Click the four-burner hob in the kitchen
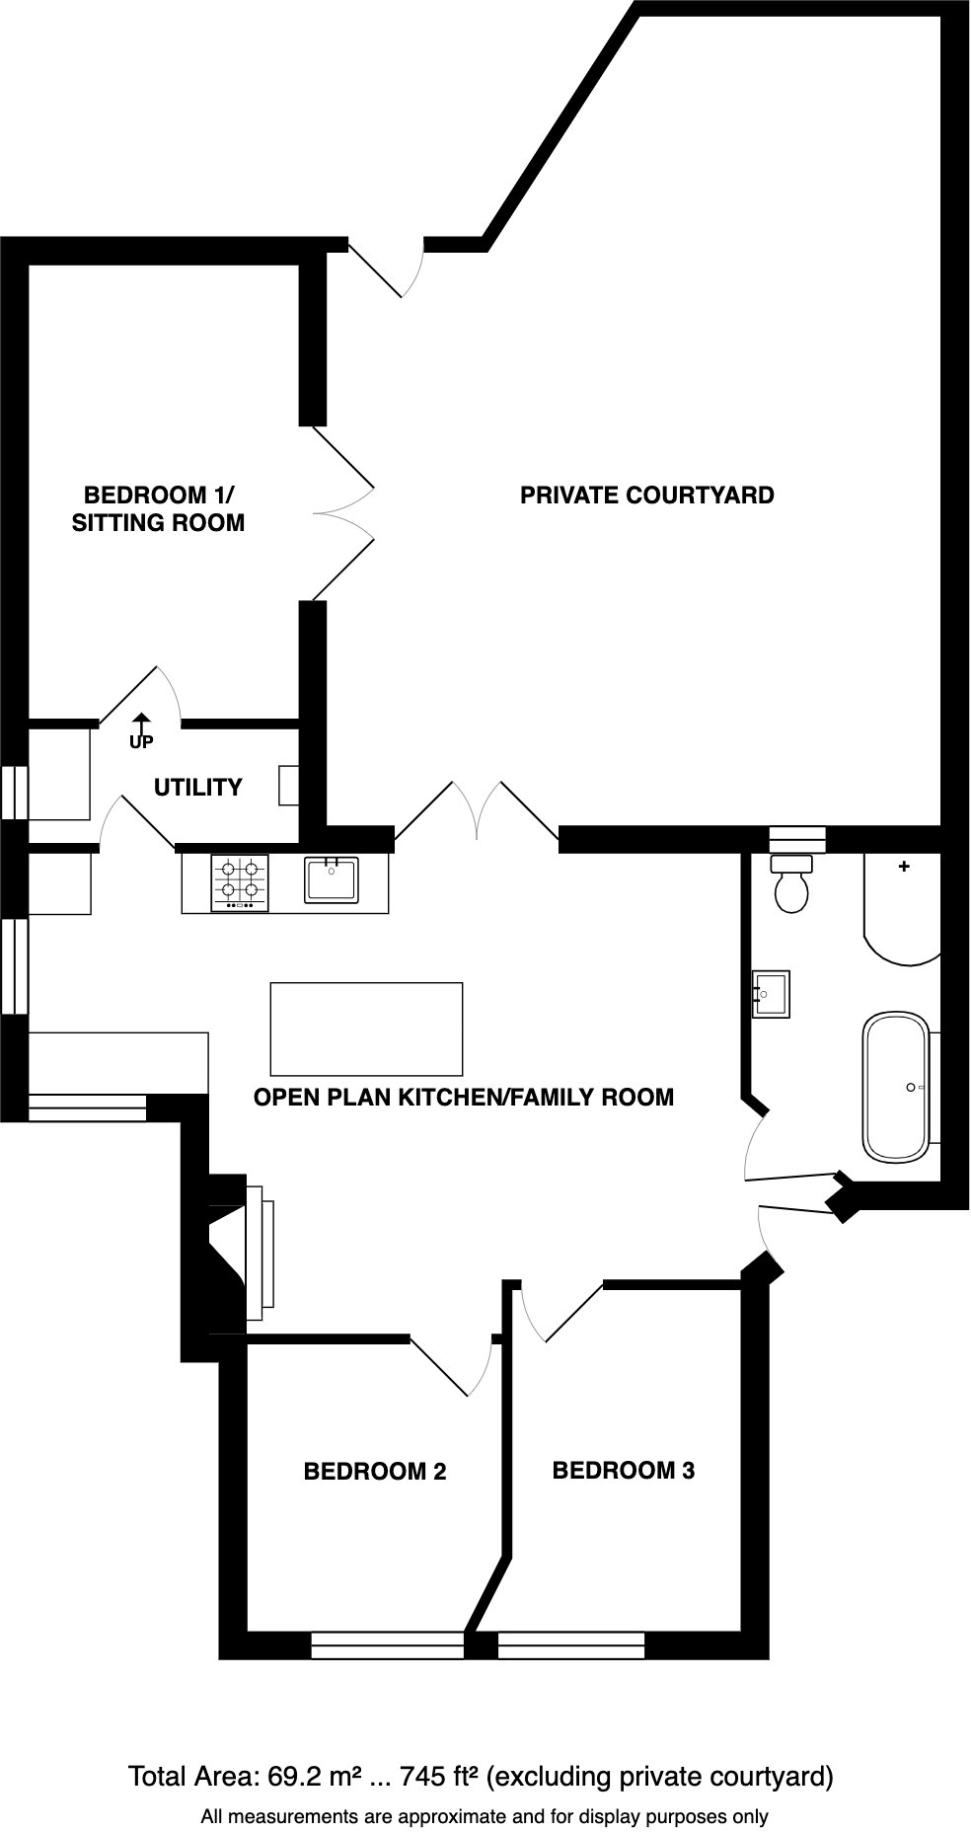(x=240, y=882)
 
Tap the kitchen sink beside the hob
(x=332, y=879)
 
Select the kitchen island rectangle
(x=366, y=1029)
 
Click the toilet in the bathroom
(x=791, y=886)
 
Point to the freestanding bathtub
(x=896, y=1087)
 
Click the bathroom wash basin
(x=771, y=994)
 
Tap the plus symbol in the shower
(x=903, y=867)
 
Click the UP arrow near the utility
(x=141, y=731)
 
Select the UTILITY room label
(x=197, y=788)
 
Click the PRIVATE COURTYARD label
(x=646, y=496)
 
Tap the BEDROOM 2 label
(x=374, y=1472)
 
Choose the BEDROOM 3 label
(x=623, y=1471)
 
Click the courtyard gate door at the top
(x=387, y=269)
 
